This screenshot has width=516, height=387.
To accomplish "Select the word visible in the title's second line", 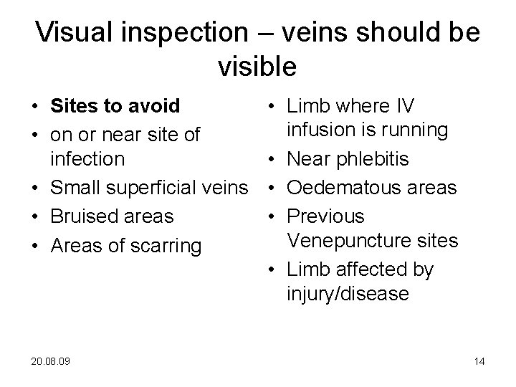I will click(x=257, y=67).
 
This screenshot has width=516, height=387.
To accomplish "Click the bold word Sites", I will click(x=77, y=106).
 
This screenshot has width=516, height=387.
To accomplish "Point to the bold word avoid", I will click(x=155, y=106).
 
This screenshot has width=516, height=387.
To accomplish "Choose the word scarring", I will click(x=166, y=247).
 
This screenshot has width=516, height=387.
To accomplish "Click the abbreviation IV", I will click(x=405, y=106).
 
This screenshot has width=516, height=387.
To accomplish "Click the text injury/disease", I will click(x=348, y=293).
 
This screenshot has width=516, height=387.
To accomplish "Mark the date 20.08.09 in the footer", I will click(x=52, y=361).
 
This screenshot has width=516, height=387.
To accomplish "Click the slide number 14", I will click(x=479, y=361).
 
